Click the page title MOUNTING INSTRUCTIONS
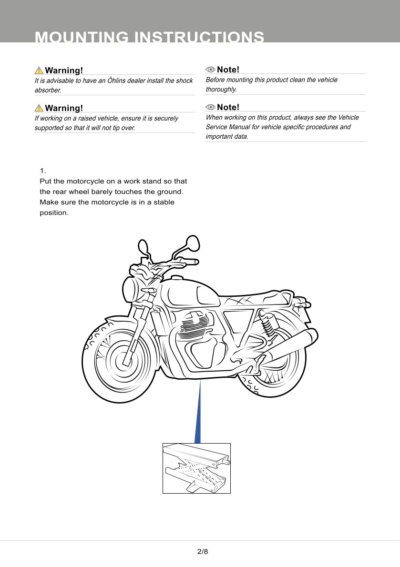(x=150, y=37)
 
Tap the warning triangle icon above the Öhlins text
(x=39, y=71)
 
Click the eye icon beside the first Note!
(x=210, y=70)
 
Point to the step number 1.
(x=42, y=171)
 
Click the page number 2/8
(x=203, y=552)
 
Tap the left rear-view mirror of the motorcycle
(x=143, y=247)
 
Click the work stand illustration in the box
(x=196, y=468)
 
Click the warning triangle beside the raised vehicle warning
(x=39, y=108)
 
